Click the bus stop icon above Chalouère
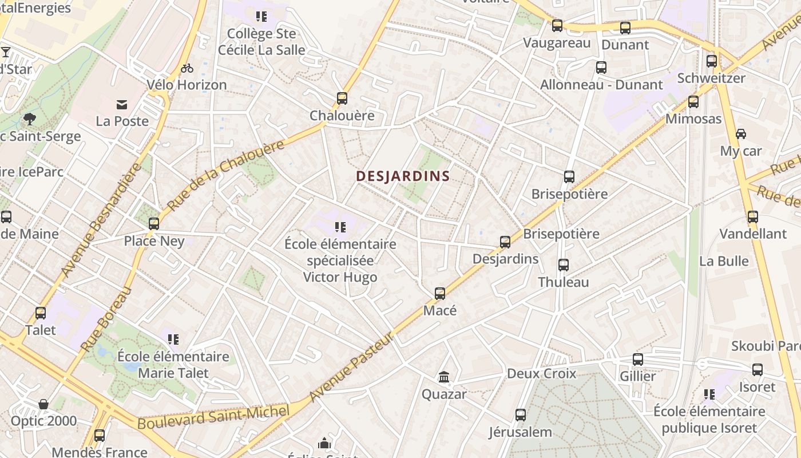pos(342,98)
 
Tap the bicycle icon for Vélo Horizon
pos(187,68)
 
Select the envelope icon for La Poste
pos(122,104)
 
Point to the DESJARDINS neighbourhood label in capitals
pos(403,176)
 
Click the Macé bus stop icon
pos(439,294)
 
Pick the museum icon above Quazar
pos(444,377)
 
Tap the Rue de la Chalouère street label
pos(227,175)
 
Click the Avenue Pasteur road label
pos(351,367)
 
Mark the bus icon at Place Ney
pos(154,224)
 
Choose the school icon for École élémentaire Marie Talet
pos(173,339)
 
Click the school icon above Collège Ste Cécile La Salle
pos(261,17)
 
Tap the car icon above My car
pos(741,134)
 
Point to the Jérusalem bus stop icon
pos(520,415)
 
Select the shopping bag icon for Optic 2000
pos(43,404)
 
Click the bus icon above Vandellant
pos(753,217)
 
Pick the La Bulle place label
pos(724,261)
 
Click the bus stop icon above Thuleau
pos(564,265)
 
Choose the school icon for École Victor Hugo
pos(340,227)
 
